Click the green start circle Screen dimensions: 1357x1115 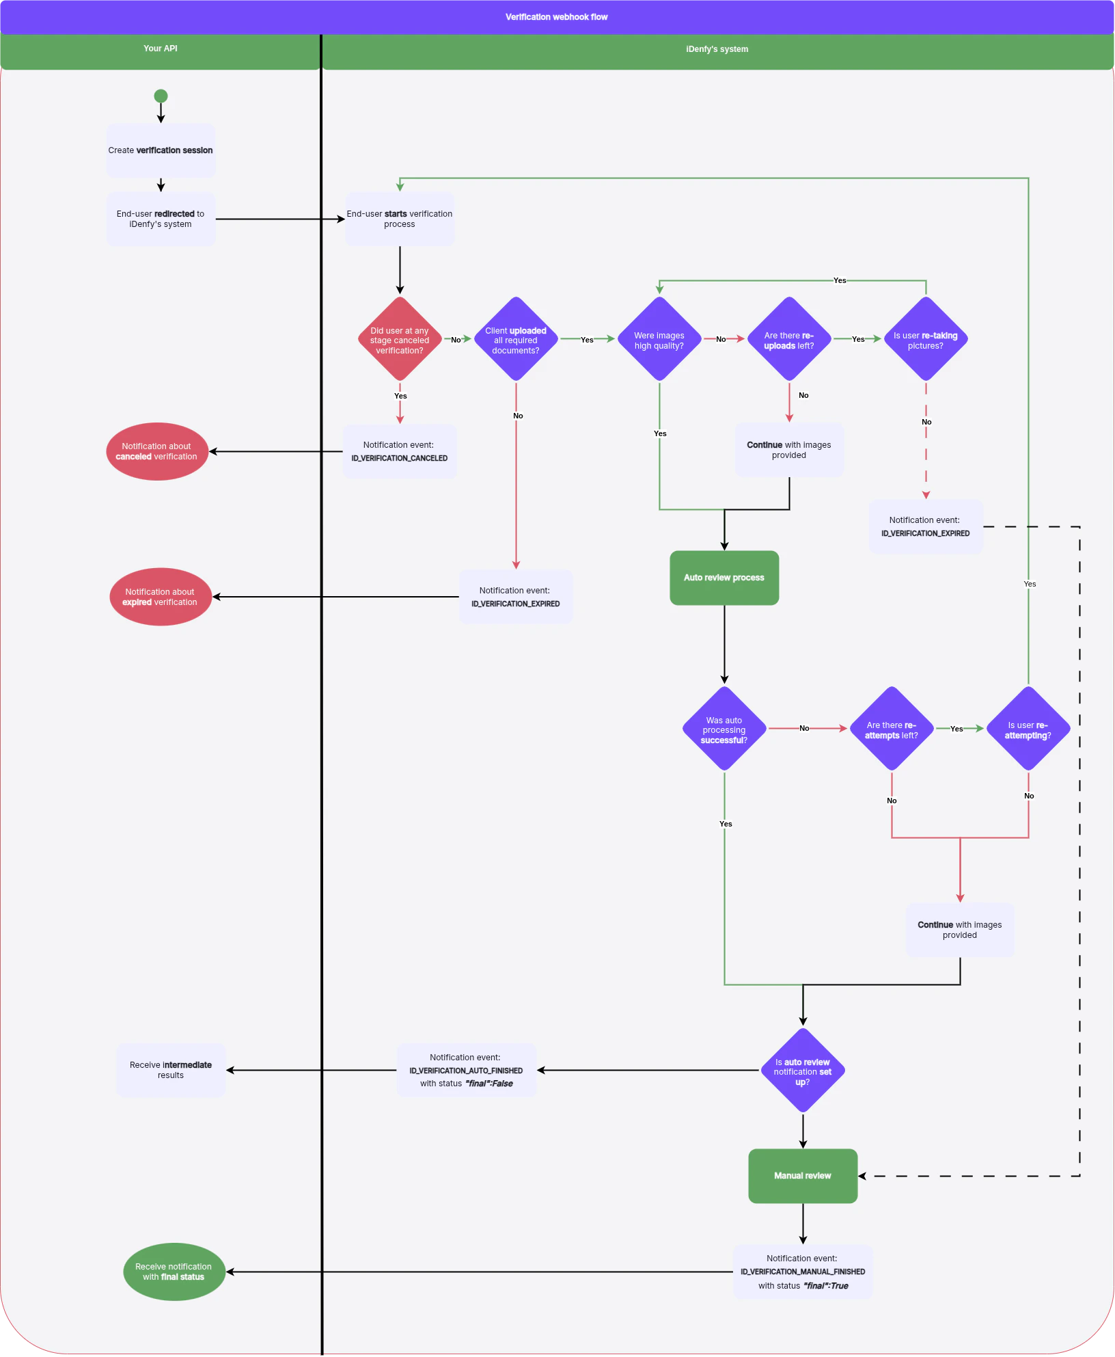click(x=161, y=96)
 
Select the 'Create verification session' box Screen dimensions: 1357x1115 click(x=161, y=150)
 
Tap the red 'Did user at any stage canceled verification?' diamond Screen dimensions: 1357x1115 click(x=400, y=340)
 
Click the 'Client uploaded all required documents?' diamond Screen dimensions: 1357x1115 click(x=516, y=340)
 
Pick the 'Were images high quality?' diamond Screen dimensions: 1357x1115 click(x=659, y=340)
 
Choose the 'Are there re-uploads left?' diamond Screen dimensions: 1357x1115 click(x=789, y=340)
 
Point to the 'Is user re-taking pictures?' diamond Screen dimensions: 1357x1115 click(x=926, y=340)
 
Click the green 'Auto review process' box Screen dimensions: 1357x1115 click(x=724, y=578)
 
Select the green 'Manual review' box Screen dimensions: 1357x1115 click(x=803, y=1176)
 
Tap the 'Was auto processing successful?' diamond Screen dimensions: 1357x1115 click(x=724, y=729)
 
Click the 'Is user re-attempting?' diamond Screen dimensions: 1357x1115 click(x=1028, y=729)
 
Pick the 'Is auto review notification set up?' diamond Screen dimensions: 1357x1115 click(x=803, y=1071)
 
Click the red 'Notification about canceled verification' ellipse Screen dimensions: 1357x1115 click(x=157, y=451)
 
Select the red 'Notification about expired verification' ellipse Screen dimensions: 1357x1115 click(x=161, y=597)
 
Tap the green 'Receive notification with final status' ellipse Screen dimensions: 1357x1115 click(x=174, y=1272)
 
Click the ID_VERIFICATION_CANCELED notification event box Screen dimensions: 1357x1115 click(x=400, y=451)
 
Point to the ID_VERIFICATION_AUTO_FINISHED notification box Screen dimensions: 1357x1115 click(x=467, y=1070)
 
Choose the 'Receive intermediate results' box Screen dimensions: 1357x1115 click(x=171, y=1070)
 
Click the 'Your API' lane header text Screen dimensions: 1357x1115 click(x=161, y=49)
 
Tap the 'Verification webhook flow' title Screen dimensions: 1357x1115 click(x=556, y=17)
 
